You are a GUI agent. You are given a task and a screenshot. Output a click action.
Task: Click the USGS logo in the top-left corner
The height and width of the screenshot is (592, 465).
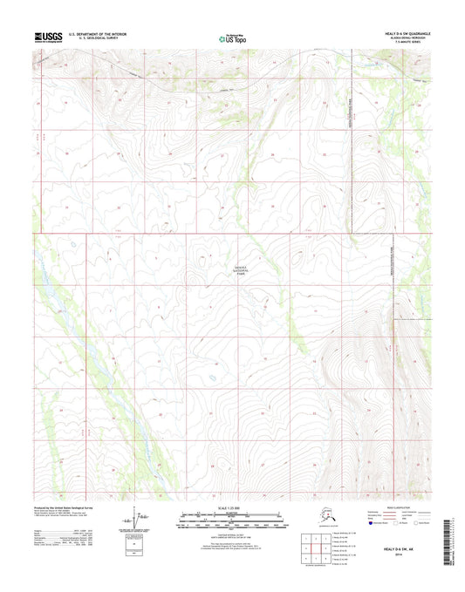48,37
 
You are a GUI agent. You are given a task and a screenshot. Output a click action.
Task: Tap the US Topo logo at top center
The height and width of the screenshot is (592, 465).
231,37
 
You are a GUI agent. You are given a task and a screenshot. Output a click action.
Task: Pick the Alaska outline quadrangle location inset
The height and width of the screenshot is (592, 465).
321,520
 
